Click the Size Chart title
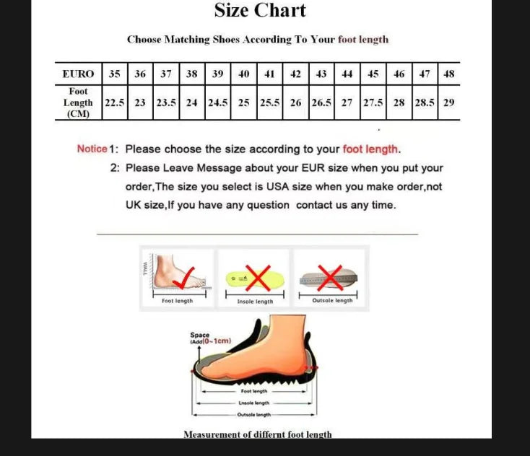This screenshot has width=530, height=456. coord(260,11)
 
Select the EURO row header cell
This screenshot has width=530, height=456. coord(78,74)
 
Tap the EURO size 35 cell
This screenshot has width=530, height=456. coord(115,74)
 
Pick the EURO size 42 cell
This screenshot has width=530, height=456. coord(296,74)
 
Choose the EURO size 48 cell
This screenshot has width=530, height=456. coord(448,74)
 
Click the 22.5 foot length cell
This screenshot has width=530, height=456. coord(115,102)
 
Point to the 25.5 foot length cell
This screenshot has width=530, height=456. coord(269,102)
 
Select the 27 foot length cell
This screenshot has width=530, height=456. coord(347,102)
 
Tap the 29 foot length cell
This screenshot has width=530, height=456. coord(448,102)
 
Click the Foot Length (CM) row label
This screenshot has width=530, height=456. coord(78,102)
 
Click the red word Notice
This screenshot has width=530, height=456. coord(92,149)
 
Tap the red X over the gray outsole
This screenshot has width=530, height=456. coord(330,276)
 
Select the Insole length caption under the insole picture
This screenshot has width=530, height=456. coord(256,302)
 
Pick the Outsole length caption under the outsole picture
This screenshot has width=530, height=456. coord(332,301)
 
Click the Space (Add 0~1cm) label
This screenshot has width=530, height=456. coord(206,338)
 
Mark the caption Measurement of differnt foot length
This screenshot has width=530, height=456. coord(258,434)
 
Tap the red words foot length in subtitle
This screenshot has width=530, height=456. coord(363,40)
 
